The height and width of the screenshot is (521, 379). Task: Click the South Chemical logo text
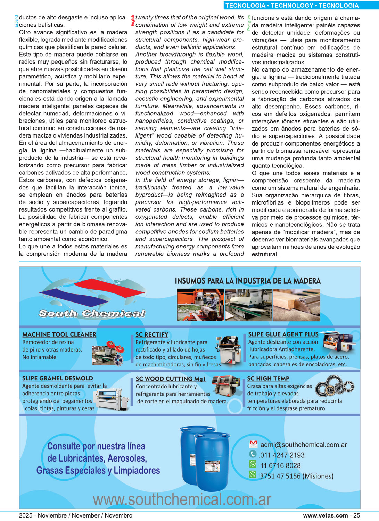tap(92, 313)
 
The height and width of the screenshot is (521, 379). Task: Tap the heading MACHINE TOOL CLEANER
tap(59, 334)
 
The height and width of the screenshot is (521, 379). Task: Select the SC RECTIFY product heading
tap(152, 334)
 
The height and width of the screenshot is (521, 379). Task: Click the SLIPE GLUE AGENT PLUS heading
tap(283, 334)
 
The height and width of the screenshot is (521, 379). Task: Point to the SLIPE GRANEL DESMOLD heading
tap(58, 378)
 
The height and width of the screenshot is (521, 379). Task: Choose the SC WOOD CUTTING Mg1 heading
tap(171, 379)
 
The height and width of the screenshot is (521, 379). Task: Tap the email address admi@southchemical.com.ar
tap(304, 445)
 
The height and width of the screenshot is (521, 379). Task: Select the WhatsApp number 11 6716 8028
tap(280, 465)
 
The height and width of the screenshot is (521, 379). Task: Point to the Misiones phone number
tap(297, 476)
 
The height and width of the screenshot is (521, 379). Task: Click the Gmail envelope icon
tap(253, 444)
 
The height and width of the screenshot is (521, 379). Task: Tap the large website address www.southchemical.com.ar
tap(182, 499)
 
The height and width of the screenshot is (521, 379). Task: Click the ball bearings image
tap(335, 387)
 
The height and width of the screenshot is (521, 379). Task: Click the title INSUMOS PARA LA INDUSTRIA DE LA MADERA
tap(248, 281)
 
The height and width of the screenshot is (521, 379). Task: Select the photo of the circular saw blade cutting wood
tap(296, 305)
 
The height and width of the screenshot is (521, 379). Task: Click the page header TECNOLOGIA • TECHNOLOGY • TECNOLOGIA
tap(292, 5)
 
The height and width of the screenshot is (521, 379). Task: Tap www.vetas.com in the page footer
tap(326, 515)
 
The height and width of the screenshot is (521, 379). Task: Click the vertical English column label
tap(132, 21)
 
